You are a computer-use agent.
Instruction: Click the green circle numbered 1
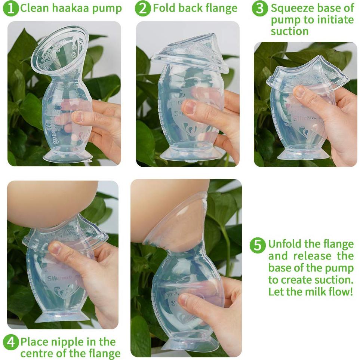point(11,9)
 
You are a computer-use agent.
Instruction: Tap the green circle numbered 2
point(143,9)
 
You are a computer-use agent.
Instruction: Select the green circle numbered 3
point(260,9)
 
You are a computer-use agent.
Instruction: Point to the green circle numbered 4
point(11,342)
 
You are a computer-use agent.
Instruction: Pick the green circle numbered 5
point(258,245)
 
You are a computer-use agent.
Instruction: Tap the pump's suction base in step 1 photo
point(67,156)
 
